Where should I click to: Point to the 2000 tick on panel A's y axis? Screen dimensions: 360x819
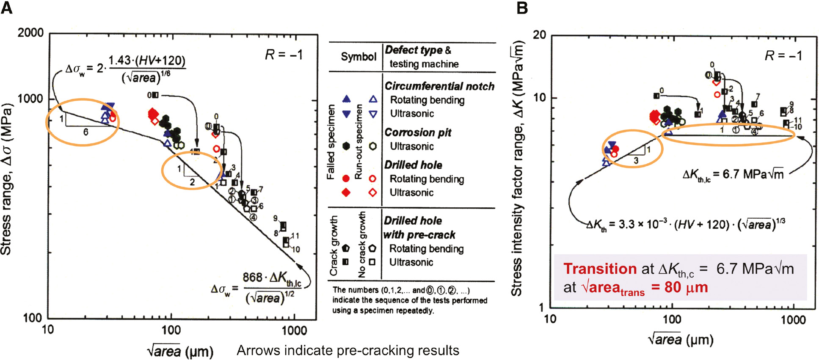[x=30, y=33]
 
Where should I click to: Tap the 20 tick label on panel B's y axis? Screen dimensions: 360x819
[x=539, y=35]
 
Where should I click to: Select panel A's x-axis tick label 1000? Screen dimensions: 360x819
[x=294, y=330]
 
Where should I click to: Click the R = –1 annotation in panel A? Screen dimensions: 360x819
[x=284, y=55]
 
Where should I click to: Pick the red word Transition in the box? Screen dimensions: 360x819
[x=600, y=269]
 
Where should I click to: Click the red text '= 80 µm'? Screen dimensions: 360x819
[x=679, y=288]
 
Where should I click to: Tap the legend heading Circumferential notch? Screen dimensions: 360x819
[x=439, y=86]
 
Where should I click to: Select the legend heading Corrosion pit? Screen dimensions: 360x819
[x=418, y=132]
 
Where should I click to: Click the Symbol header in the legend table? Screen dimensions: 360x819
[x=358, y=57]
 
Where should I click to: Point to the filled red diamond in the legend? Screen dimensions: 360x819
[x=346, y=192]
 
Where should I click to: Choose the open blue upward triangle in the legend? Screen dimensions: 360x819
[x=373, y=99]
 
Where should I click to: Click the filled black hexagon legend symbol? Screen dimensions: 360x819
[x=346, y=146]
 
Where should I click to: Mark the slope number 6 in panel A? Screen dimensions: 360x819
[x=85, y=132]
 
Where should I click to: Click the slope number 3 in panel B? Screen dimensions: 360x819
[x=636, y=160]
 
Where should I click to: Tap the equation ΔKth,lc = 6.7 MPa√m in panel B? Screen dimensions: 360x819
[x=733, y=174]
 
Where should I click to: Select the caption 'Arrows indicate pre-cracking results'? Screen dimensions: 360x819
[x=347, y=351]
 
